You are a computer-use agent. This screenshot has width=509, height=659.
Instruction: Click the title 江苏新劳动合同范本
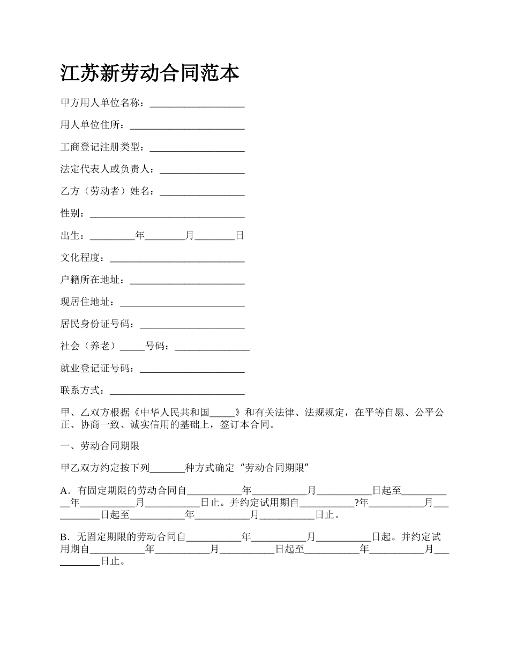point(149,73)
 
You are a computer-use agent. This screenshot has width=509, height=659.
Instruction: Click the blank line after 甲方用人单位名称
point(197,104)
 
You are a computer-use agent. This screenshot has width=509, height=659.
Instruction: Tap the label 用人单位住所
point(92,125)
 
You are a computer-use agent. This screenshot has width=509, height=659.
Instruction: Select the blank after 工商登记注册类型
point(197,148)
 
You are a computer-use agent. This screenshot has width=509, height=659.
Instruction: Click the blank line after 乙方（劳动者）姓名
point(202,192)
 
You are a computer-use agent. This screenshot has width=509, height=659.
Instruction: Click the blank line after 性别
point(167,214)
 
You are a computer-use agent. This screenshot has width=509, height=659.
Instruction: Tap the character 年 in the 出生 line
point(140,235)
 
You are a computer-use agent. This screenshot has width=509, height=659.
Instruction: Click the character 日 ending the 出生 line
point(240,235)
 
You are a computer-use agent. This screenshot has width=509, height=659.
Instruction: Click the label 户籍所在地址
point(92,280)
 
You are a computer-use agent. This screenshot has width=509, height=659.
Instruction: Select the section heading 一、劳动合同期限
point(100,446)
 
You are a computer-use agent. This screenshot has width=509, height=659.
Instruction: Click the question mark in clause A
point(357,503)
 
